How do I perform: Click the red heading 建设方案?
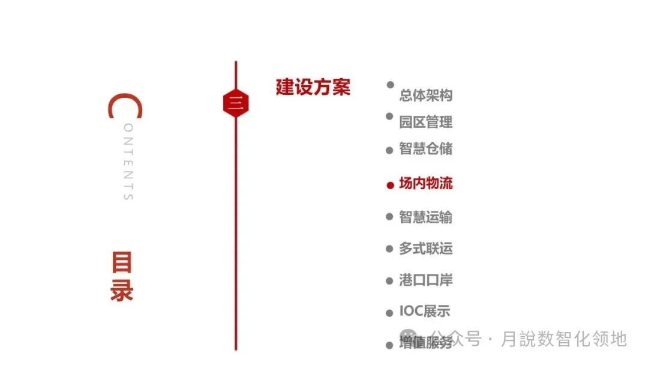(313, 87)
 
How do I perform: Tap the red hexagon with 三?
(235, 104)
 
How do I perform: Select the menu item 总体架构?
(426, 95)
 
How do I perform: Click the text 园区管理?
(426, 122)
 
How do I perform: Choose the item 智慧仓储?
(426, 148)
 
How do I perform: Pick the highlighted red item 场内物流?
(426, 184)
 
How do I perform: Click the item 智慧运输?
(426, 217)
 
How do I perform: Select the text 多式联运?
(426, 249)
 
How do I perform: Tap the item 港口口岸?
(426, 280)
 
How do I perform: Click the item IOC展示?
(425, 312)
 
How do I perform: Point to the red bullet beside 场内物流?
(390, 185)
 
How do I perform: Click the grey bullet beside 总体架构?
(391, 85)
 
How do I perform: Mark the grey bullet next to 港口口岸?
(389, 281)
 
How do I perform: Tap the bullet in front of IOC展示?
(389, 313)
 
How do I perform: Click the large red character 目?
(121, 263)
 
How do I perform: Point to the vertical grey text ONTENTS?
(128, 162)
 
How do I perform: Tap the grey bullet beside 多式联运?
(389, 249)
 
